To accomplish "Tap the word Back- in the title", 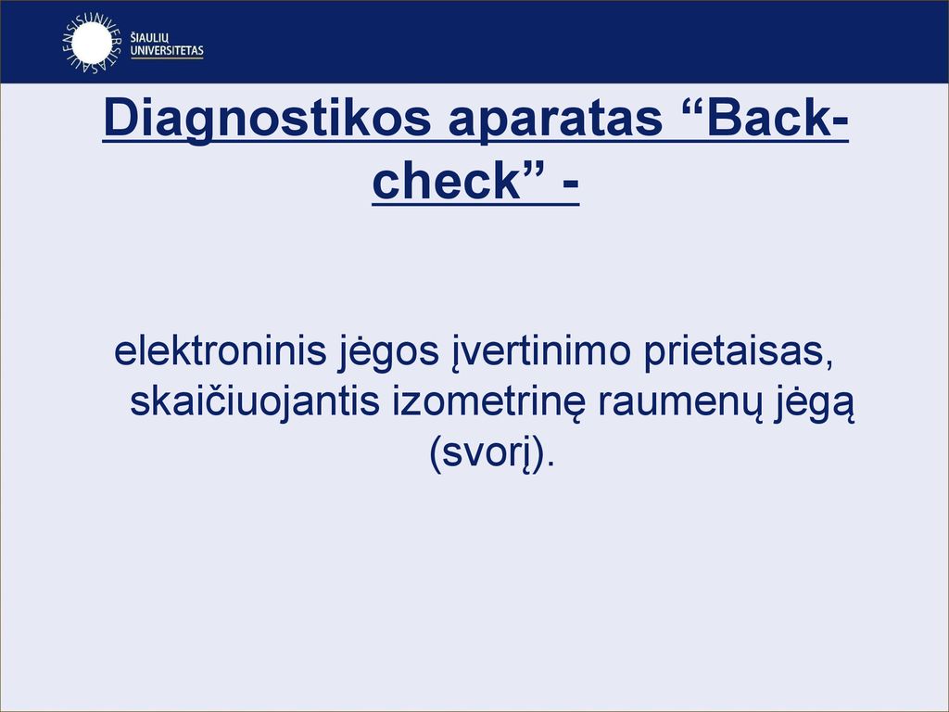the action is pos(778,118).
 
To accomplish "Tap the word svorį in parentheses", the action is pos(488,455).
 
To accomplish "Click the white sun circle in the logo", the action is pos(91,43).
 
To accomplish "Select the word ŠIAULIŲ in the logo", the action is pos(149,39).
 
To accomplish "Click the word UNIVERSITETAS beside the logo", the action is pos(167,51).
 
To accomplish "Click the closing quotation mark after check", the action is pos(535,171).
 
